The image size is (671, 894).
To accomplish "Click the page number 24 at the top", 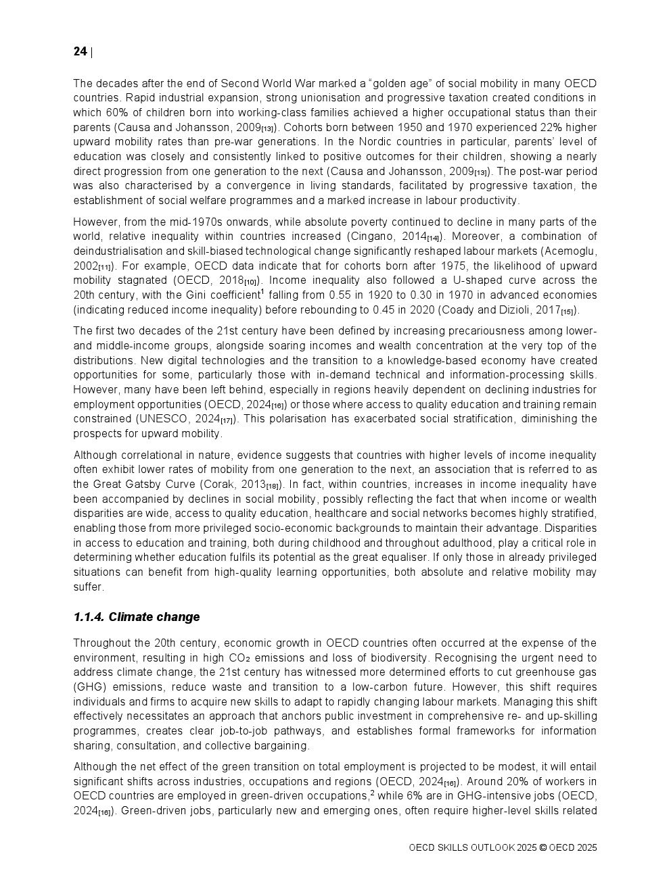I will click(80, 52).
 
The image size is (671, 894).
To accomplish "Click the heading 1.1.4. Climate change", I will click(137, 617).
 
